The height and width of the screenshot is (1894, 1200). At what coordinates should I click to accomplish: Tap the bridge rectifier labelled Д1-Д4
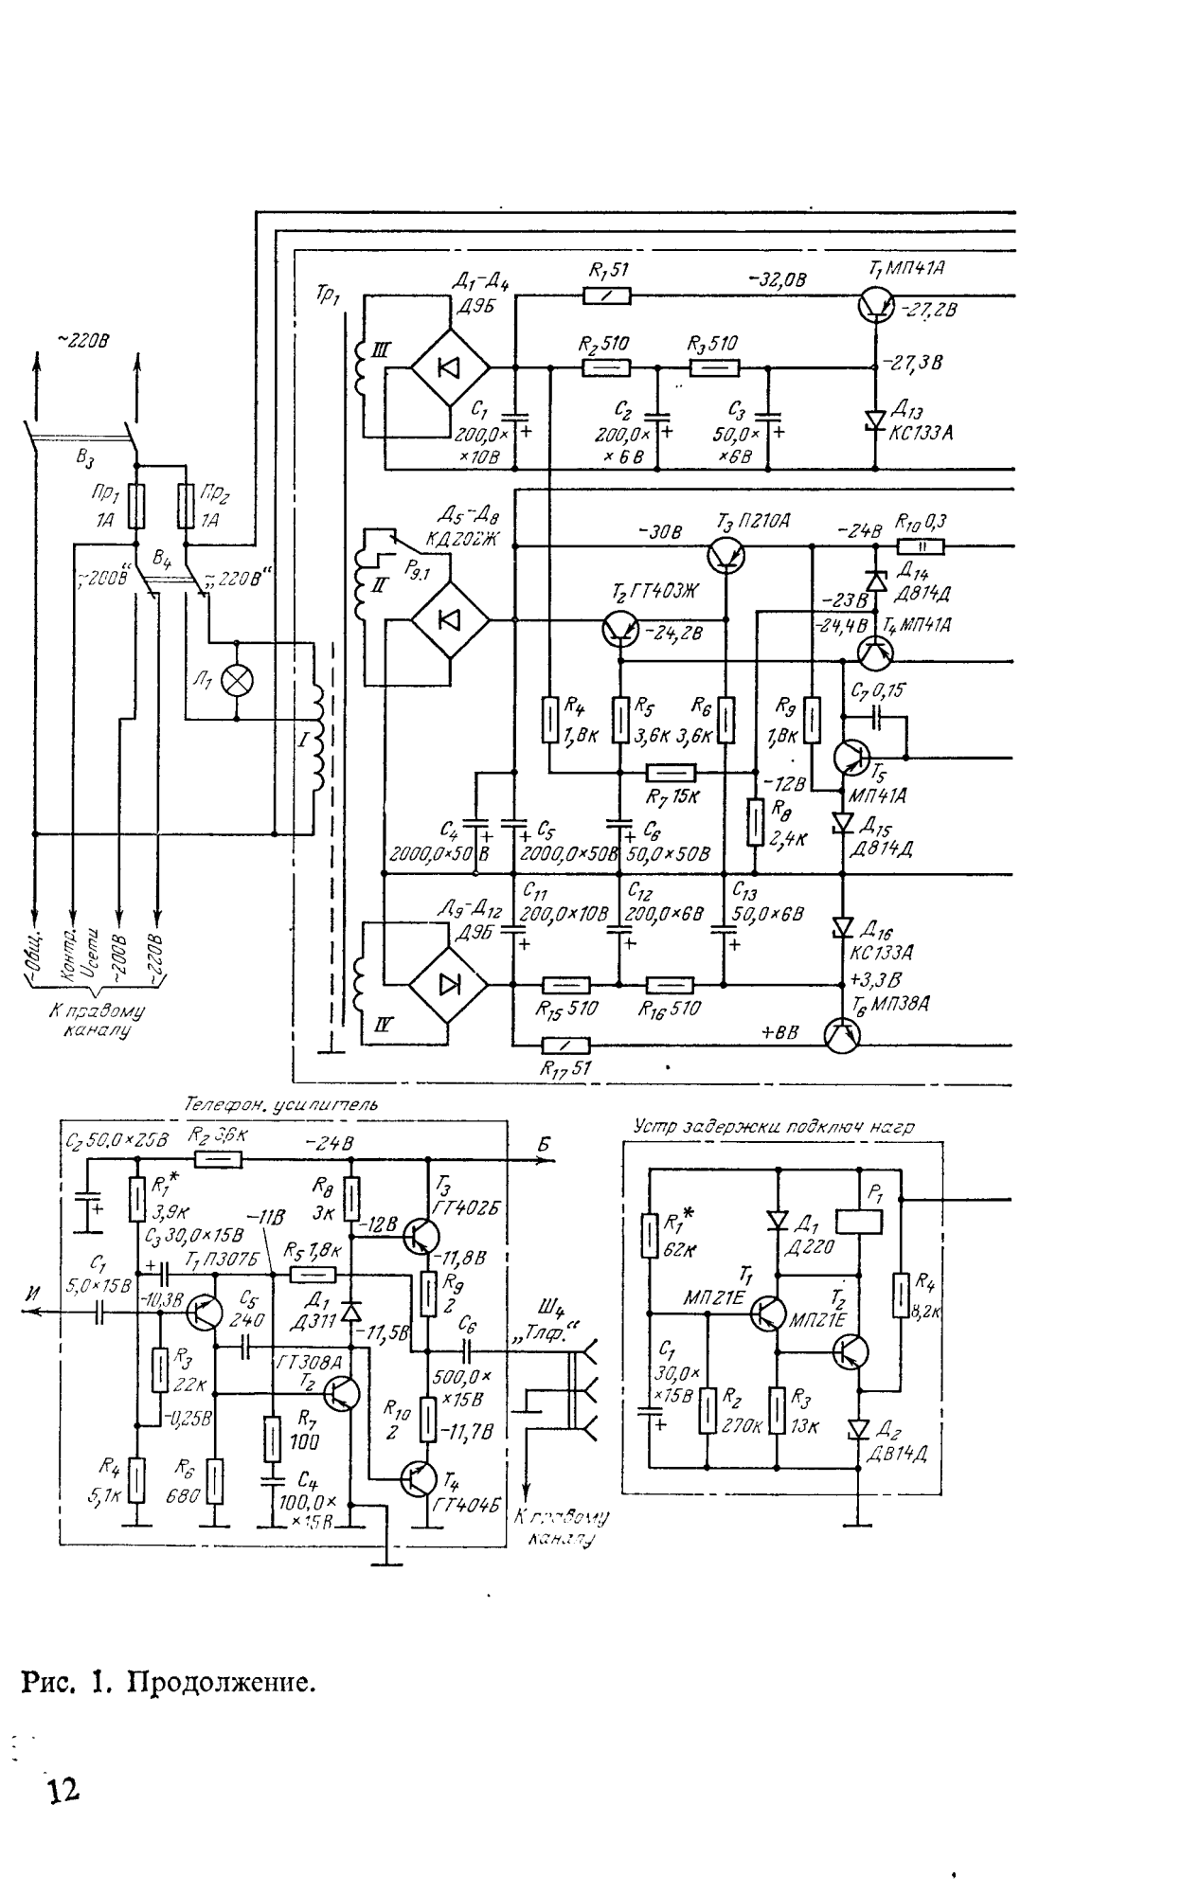(x=450, y=367)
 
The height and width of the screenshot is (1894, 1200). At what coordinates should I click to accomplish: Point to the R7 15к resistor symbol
(x=671, y=774)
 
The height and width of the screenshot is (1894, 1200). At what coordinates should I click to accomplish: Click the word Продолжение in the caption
(x=221, y=1683)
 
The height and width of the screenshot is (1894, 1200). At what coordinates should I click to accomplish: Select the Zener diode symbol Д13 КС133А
(x=874, y=420)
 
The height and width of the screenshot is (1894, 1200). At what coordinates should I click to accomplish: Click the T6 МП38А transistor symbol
(x=841, y=1035)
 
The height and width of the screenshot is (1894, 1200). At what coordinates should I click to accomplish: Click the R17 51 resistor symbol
(x=565, y=1045)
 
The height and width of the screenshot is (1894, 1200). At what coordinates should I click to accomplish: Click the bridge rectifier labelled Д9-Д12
(x=449, y=984)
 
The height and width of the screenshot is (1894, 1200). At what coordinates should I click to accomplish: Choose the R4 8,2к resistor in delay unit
(x=901, y=1295)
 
